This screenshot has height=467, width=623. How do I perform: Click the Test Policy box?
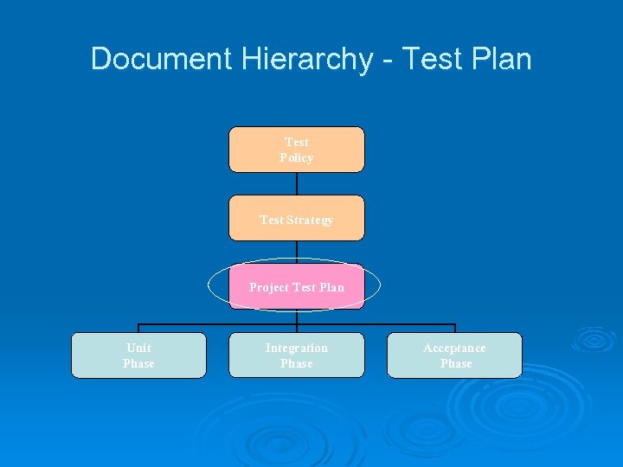point(296,150)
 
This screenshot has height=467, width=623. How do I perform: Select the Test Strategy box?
point(296,218)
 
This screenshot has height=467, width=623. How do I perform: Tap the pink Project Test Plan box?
point(296,286)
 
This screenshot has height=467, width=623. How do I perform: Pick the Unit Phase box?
point(138,355)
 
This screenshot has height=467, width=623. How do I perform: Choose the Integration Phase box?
point(296,355)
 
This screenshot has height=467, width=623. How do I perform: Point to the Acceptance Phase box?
point(454,355)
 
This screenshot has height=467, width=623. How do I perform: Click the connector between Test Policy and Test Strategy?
point(297,183)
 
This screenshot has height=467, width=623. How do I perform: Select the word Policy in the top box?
point(296,157)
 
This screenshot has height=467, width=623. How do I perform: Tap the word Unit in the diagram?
point(138,348)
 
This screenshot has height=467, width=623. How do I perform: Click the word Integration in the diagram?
point(296,348)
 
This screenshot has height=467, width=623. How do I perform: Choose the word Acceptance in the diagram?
point(454,348)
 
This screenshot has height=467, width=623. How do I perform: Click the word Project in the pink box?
point(269,287)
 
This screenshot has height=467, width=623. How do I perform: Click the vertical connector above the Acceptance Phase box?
point(454,329)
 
